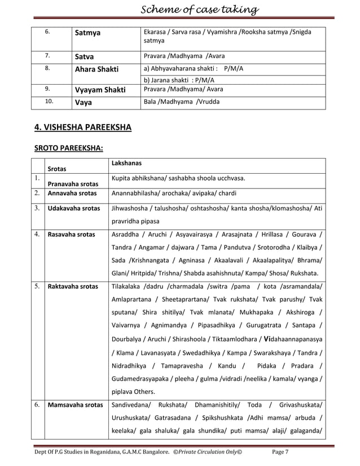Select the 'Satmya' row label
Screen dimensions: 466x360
coord(88,33)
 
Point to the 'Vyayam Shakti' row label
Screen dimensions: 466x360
coord(98,90)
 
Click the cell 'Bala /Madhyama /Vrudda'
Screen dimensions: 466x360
coord(182,102)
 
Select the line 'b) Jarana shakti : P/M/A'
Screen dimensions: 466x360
coord(179,80)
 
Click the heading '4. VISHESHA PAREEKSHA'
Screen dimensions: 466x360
coord(83,128)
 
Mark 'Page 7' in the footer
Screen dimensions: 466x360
coord(280,452)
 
